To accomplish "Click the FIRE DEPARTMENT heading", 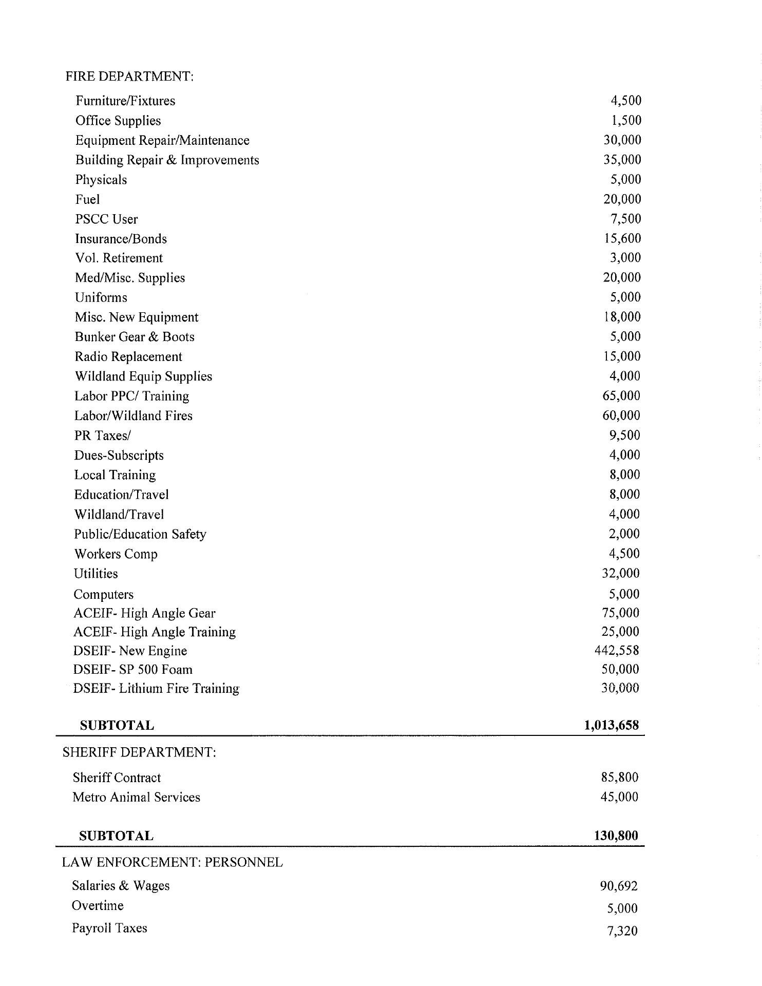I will tap(129, 77).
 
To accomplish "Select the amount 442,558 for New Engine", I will tap(617, 651).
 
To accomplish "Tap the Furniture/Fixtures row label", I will tap(125, 101).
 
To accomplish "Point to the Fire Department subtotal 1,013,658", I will tap(612, 725).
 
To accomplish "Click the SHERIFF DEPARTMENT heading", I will tap(139, 752).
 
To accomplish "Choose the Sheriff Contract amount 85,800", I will tap(620, 778).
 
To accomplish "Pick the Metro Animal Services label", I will tap(136, 797).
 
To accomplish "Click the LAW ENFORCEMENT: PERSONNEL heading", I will tap(173, 862).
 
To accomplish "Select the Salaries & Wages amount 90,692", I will tap(619, 886).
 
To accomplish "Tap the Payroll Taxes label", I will tap(109, 928).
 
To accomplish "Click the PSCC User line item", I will tap(106, 219).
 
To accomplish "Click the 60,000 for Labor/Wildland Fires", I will tap(621, 415).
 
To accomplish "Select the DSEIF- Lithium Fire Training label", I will tap(156, 688).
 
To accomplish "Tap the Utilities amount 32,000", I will tap(621, 573).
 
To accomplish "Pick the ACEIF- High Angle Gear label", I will tap(144, 613).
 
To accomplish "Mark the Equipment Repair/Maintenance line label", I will tap(162, 140).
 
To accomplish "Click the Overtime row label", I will tap(98, 905).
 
